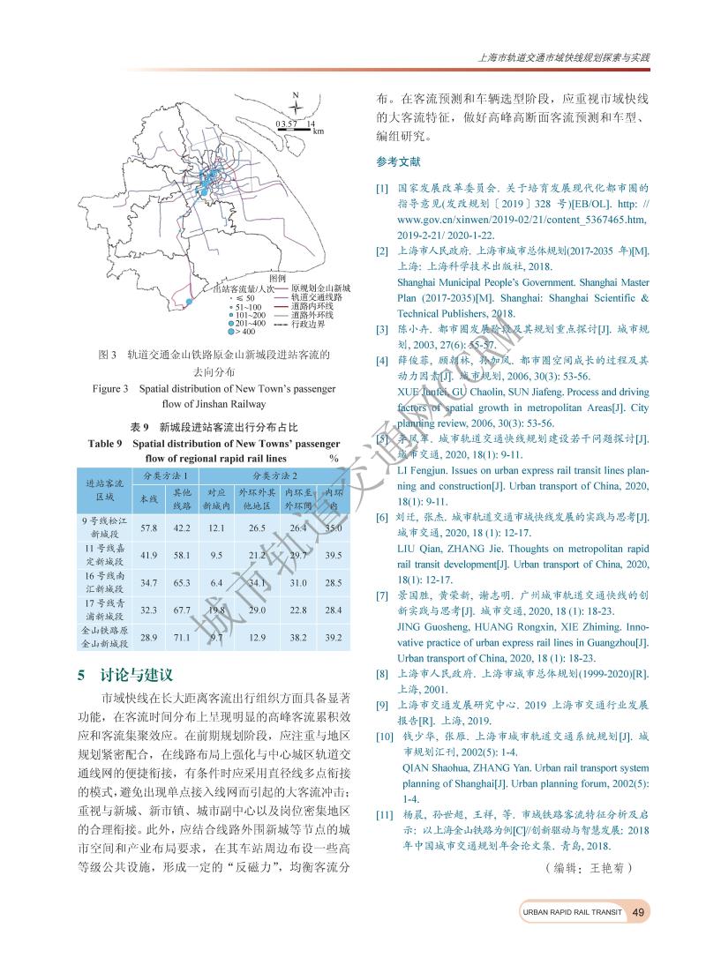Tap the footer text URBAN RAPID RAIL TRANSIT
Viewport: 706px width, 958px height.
coord(572,912)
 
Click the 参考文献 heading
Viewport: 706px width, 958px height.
coord(397,162)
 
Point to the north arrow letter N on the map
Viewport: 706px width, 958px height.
coord(296,96)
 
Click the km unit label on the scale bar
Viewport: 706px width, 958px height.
coord(318,131)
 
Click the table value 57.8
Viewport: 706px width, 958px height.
coord(148,528)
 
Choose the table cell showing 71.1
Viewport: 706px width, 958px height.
coord(182,636)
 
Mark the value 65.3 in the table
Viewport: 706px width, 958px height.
coord(182,583)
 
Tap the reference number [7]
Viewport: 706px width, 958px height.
coord(381,595)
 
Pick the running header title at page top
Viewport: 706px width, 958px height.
coord(563,58)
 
